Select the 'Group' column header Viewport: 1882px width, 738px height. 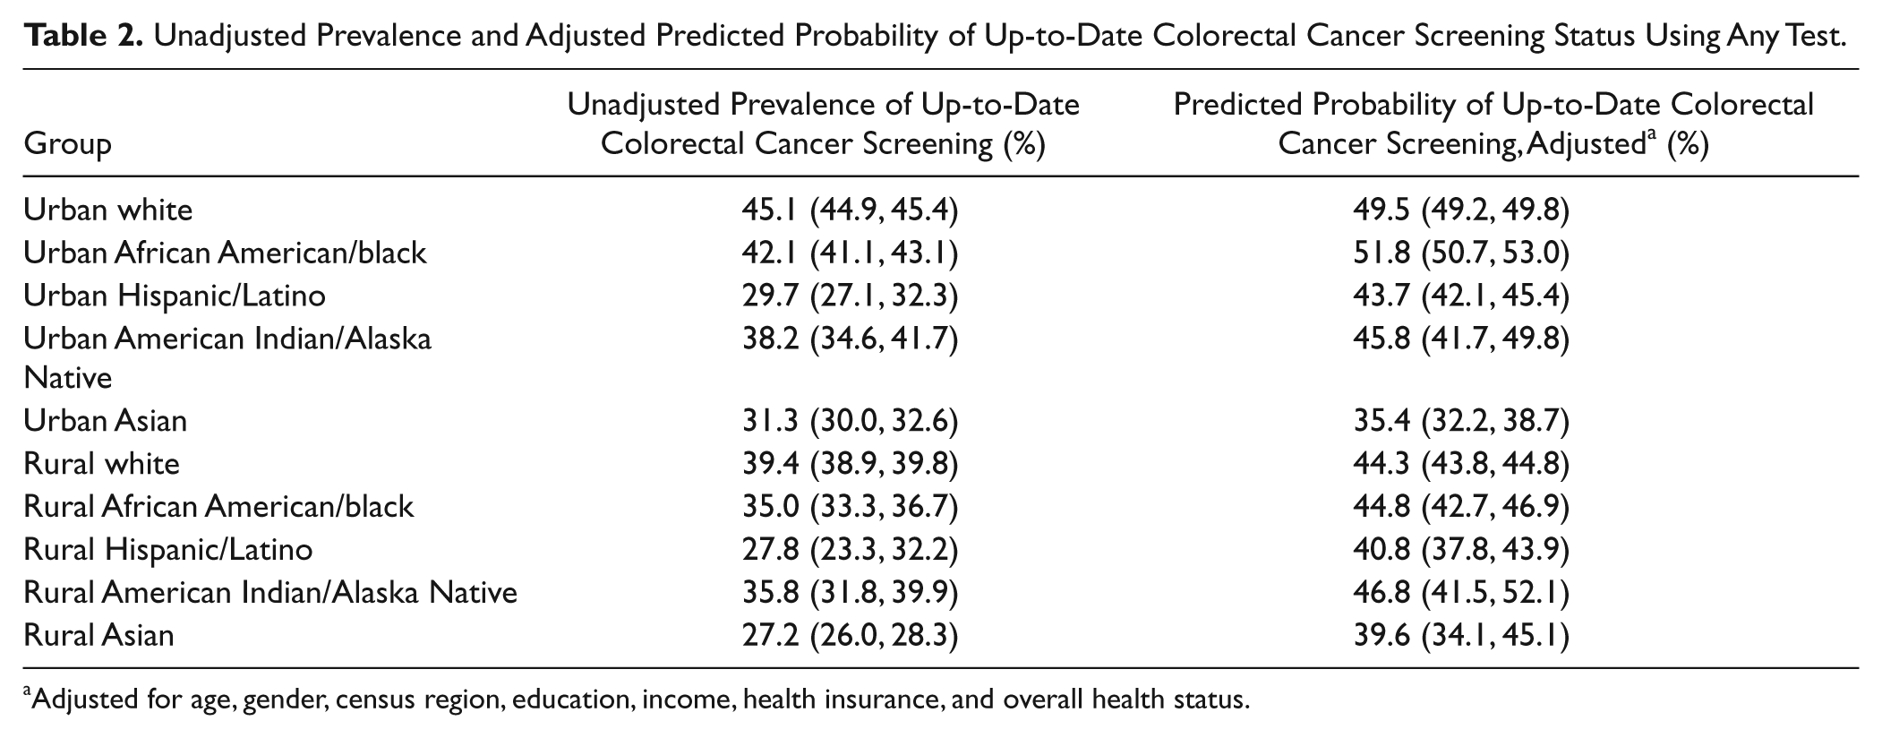[68, 144]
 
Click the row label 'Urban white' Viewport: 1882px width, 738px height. [108, 210]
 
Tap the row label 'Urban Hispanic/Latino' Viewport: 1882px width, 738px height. [175, 296]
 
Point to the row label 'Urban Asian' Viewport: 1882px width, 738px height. [106, 421]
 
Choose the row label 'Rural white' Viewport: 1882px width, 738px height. [102, 464]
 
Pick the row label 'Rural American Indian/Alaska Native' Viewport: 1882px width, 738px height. [270, 593]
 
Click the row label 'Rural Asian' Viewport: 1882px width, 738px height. [99, 636]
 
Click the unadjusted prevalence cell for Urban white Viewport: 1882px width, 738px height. [850, 210]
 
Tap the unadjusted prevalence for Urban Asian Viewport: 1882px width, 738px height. [850, 422]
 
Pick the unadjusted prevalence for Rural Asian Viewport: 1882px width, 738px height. [850, 637]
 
